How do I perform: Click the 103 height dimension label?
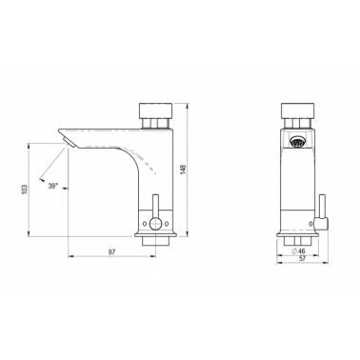coord(25,190)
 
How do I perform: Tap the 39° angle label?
coord(53,186)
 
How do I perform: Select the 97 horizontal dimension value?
coord(111,252)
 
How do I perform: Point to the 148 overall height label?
coord(183,169)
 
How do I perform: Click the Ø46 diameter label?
coord(298,251)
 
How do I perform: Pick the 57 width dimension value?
coord(302,259)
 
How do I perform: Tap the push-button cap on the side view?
coord(156,110)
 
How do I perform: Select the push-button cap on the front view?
coord(298,110)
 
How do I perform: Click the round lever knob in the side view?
coord(155,224)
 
